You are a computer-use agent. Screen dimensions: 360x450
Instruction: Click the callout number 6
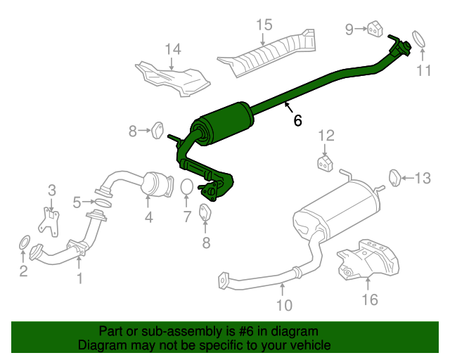298,120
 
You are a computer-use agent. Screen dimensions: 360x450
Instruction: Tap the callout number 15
263,26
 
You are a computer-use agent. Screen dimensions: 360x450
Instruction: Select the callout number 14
173,49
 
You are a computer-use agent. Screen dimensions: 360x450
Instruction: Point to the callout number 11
423,70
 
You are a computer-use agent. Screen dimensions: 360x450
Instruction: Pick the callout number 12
325,136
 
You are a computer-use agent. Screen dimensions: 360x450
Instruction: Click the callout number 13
421,179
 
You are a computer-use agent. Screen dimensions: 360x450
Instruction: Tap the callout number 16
370,300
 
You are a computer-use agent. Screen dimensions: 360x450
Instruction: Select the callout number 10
283,305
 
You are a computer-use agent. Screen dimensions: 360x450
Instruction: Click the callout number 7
187,217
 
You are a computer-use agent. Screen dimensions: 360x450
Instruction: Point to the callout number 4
149,217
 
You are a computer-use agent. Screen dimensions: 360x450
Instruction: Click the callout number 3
51,190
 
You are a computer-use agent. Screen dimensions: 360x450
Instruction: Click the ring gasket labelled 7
187,188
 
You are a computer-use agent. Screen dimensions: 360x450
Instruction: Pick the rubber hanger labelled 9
375,29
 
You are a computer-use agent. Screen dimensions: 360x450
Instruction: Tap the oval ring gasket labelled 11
418,39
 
